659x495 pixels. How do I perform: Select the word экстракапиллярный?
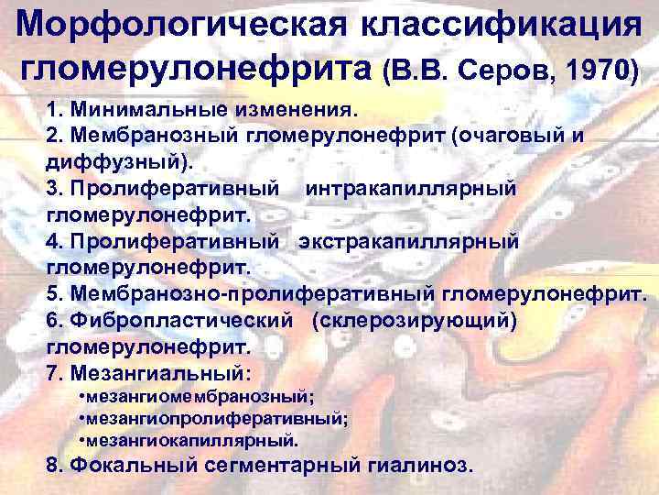tap(408, 240)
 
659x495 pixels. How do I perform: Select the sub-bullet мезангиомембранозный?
tap(198, 396)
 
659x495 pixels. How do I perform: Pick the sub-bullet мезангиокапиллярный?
tap(189, 439)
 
